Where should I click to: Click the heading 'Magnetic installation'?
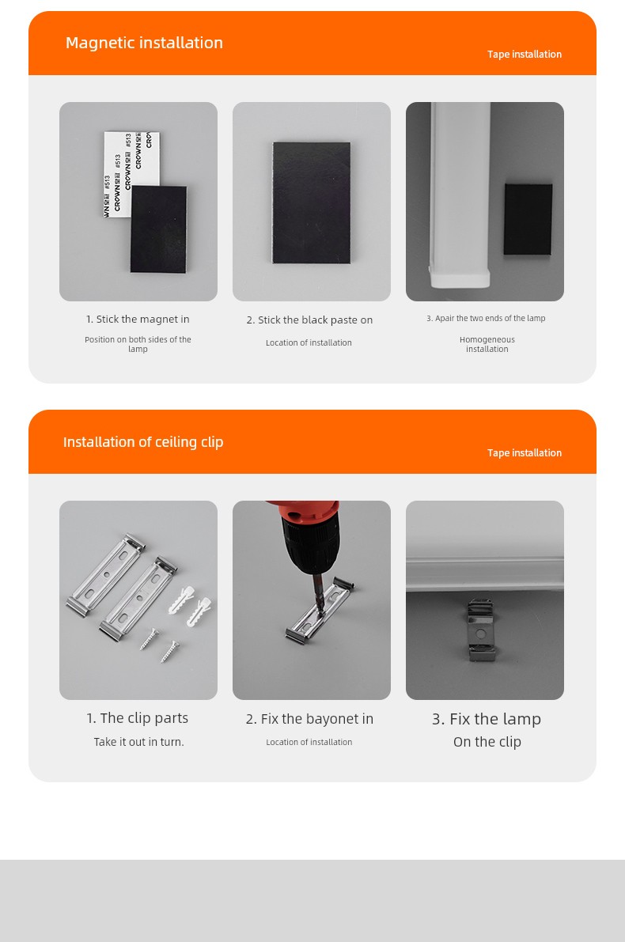144,43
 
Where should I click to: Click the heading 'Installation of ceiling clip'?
143,442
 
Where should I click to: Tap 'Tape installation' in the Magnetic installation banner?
525,54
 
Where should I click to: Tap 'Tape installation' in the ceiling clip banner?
525,453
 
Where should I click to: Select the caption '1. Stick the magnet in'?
138,319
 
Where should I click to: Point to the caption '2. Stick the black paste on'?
309,320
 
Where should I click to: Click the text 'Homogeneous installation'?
487,344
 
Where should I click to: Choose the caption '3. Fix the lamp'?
487,719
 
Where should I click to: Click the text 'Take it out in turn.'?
138,742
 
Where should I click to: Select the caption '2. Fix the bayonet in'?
309,719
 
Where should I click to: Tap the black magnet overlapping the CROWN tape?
159,229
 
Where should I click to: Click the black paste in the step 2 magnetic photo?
311,203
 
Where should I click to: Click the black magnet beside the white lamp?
528,219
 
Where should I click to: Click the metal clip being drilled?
319,611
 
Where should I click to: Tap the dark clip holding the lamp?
480,630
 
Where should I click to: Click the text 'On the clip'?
487,742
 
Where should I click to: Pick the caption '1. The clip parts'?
138,718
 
